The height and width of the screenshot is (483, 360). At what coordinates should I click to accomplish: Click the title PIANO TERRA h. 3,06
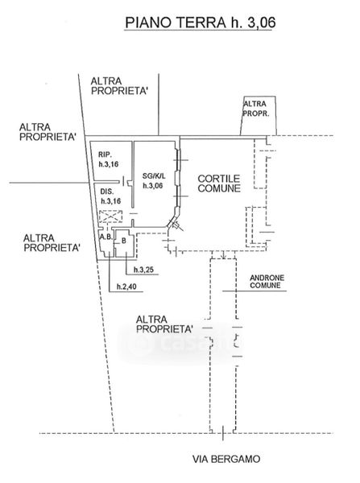point(200,23)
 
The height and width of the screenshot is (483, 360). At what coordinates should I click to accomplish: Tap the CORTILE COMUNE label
point(219,184)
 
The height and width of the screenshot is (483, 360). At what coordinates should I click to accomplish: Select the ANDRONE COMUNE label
point(267,282)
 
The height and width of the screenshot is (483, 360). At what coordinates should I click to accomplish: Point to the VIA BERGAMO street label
point(226,459)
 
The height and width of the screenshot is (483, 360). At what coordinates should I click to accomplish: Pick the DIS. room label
point(107,192)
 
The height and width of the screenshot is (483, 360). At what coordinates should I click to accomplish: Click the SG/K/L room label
point(154,176)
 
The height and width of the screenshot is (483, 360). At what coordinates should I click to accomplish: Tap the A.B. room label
point(106,237)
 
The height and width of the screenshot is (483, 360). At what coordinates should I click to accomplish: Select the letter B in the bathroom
point(124,241)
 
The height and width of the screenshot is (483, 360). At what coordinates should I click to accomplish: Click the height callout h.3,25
point(143,270)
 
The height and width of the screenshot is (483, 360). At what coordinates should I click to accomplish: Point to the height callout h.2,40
point(126,287)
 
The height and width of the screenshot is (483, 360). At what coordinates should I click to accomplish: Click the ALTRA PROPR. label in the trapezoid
point(256,109)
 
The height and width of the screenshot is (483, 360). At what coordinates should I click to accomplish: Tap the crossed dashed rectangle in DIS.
point(110,217)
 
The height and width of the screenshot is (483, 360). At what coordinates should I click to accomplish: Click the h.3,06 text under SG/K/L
point(152,186)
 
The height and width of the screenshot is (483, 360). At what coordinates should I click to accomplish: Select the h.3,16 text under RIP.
point(109,164)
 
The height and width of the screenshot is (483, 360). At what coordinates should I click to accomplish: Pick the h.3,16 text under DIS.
point(111,201)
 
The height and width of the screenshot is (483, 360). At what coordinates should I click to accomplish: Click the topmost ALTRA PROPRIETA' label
point(119,86)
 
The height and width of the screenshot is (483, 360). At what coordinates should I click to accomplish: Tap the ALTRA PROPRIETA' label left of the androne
point(164,324)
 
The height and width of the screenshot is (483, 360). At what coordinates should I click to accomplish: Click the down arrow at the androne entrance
point(224,254)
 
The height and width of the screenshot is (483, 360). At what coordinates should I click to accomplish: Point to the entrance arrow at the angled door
point(178,226)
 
